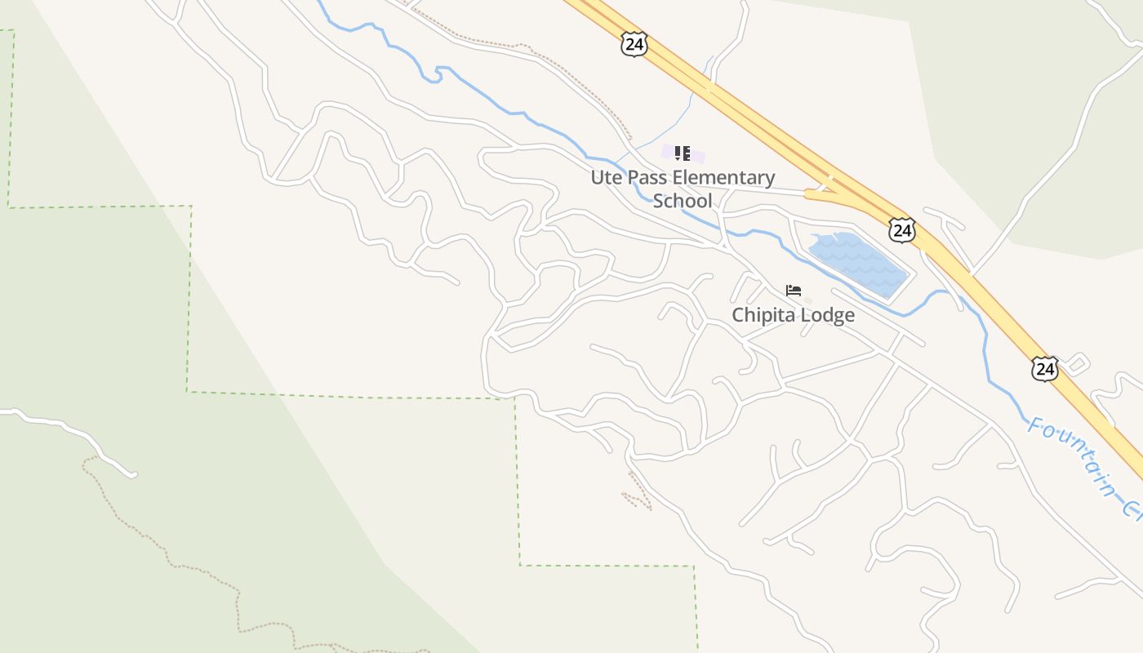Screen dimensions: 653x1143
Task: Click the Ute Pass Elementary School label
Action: pos(683,189)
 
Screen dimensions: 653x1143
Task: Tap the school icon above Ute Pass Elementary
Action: pos(683,153)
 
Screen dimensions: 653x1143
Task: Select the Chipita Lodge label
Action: pos(793,315)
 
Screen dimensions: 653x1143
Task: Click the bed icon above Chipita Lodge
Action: pos(793,291)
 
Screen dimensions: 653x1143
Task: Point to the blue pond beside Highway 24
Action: pos(857,264)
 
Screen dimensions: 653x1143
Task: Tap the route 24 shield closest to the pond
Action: pos(902,230)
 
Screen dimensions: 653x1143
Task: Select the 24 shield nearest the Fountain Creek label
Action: pos(1044,369)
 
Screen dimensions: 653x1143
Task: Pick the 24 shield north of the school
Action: pos(634,44)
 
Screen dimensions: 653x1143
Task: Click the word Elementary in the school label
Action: pos(723,177)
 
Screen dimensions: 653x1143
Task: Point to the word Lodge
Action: pos(828,315)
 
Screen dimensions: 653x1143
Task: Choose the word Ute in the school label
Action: pos(604,177)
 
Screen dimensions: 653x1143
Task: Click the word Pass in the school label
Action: pos(645,177)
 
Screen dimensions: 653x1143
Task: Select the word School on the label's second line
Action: pos(683,201)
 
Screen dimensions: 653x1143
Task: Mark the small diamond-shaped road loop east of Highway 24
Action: pos(1078,362)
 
